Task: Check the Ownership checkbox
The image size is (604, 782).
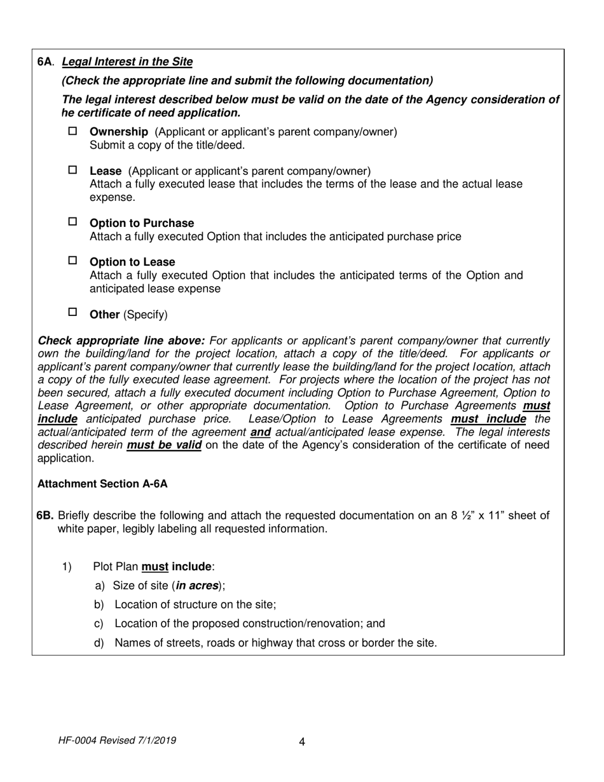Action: click(72, 131)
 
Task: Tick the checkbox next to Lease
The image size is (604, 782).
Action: click(72, 170)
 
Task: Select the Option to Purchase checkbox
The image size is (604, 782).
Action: click(72, 222)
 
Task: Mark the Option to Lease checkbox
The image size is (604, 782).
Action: click(72, 261)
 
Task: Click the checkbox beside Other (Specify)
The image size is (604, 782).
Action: click(72, 312)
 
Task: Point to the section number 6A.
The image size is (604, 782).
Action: click(46, 62)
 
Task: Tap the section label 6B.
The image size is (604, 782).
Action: click(46, 516)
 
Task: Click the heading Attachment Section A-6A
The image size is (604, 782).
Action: click(102, 484)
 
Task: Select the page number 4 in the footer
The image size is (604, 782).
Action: click(301, 742)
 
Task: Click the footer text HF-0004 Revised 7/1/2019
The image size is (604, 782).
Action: click(117, 741)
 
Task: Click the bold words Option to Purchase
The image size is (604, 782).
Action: click(142, 223)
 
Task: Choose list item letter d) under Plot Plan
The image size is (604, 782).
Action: click(99, 643)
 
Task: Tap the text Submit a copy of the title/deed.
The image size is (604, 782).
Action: click(167, 145)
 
